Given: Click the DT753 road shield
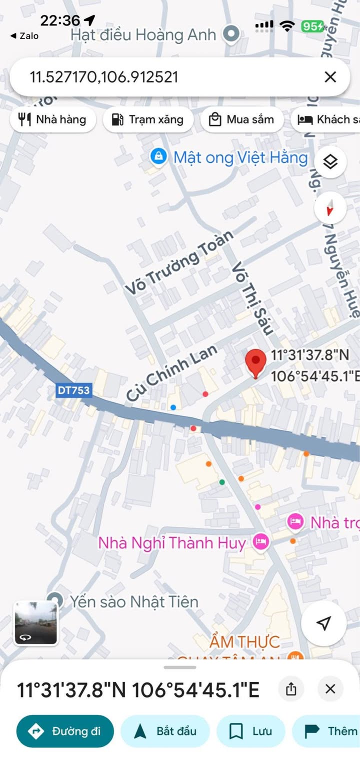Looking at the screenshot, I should coord(74,390).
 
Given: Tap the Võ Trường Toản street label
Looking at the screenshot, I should coord(179,263).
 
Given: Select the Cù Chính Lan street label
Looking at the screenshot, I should coord(171,373).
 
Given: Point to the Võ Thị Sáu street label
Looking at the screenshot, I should coord(253,298).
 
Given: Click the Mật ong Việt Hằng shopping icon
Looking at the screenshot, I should coord(158,157).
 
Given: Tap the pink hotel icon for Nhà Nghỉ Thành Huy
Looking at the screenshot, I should coord(260,541).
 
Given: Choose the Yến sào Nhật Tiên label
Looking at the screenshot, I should coord(134,601).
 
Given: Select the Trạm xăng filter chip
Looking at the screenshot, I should coord(148,119).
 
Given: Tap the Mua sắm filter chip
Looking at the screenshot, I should coord(242,119).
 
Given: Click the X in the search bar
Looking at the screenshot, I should coord(330,77).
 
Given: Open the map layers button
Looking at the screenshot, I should coord(330,162).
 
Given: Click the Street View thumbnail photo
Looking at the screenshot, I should coord(35,622).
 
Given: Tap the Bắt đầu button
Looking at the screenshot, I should coord(165,731).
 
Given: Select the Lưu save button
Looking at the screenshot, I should coord(250,731).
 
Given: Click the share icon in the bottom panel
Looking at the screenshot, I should coord(291,689).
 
